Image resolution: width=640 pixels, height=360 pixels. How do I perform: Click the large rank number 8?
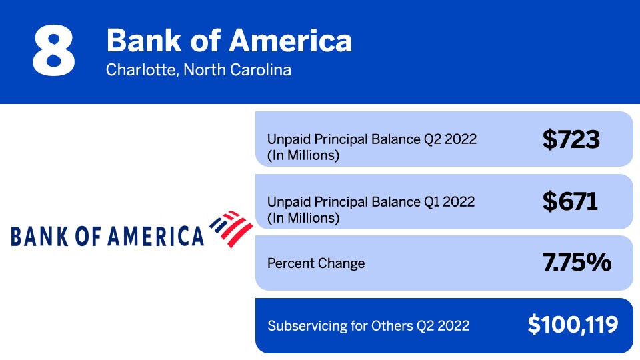point(53,51)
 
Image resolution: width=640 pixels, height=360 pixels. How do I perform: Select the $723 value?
point(571,139)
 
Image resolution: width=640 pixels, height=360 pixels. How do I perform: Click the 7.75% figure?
point(577,263)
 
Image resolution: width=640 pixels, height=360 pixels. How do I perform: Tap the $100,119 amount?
point(573,325)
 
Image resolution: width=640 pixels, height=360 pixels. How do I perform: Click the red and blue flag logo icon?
point(231,228)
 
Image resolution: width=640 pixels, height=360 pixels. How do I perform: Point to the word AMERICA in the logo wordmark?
point(159,236)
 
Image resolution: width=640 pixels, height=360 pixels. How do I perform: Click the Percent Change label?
point(316,263)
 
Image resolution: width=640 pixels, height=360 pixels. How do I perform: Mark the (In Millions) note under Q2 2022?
point(303,156)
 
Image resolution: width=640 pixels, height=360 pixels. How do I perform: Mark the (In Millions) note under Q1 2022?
point(303,218)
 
